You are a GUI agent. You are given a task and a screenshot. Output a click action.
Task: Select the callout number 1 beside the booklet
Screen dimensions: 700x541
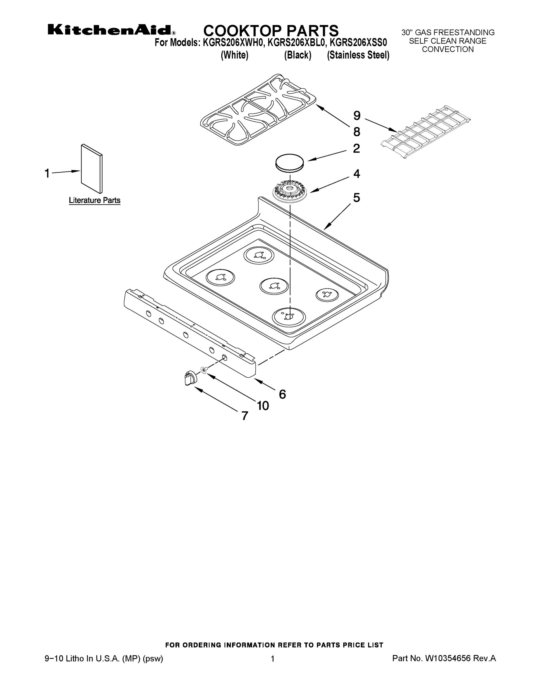click(47, 174)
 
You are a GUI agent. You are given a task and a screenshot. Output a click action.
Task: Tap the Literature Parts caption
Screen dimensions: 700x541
click(94, 200)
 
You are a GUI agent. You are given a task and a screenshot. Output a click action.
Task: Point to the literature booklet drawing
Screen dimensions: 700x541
click(92, 169)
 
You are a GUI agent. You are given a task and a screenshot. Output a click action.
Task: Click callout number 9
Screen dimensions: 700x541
click(357, 116)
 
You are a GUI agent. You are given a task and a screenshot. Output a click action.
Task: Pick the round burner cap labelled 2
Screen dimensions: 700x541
click(289, 162)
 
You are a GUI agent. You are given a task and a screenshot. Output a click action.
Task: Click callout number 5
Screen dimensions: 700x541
click(356, 197)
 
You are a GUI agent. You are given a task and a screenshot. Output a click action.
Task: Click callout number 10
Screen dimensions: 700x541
click(263, 406)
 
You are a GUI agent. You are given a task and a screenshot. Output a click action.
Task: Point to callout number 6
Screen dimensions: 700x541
click(282, 394)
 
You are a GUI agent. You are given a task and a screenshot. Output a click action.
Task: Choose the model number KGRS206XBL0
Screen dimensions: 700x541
click(296, 42)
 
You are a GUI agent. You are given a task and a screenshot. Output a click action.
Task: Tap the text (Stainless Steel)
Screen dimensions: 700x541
click(358, 55)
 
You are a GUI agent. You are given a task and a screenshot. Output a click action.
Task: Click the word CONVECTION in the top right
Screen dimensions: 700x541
click(447, 49)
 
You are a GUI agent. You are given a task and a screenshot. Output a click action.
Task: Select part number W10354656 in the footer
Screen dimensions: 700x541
click(448, 658)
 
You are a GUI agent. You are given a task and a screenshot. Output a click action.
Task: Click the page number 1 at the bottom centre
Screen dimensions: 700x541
click(272, 659)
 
